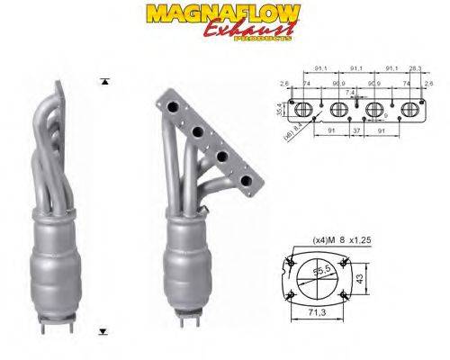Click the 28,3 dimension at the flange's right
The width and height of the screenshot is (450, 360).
click(414, 68)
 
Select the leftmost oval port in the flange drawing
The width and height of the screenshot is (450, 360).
click(303, 111)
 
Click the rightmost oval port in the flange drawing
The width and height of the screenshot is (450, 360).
click(408, 111)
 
